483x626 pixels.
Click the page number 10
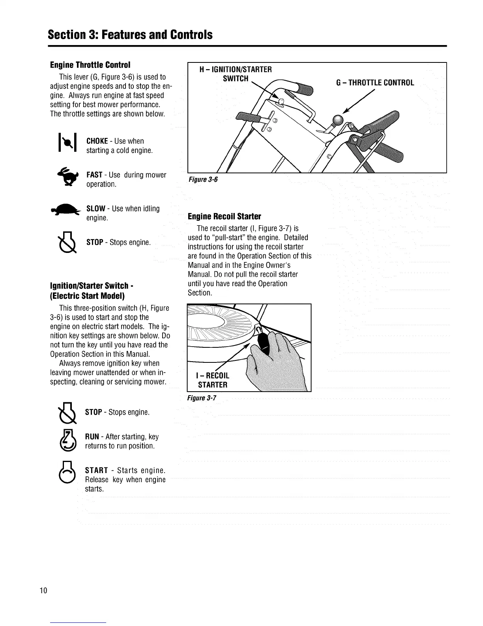(43, 591)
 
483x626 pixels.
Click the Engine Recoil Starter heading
(224, 217)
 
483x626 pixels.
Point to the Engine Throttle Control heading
(90, 64)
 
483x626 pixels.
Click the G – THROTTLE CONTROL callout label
(375, 83)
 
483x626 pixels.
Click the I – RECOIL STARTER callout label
(213, 380)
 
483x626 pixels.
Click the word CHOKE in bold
(97, 141)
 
